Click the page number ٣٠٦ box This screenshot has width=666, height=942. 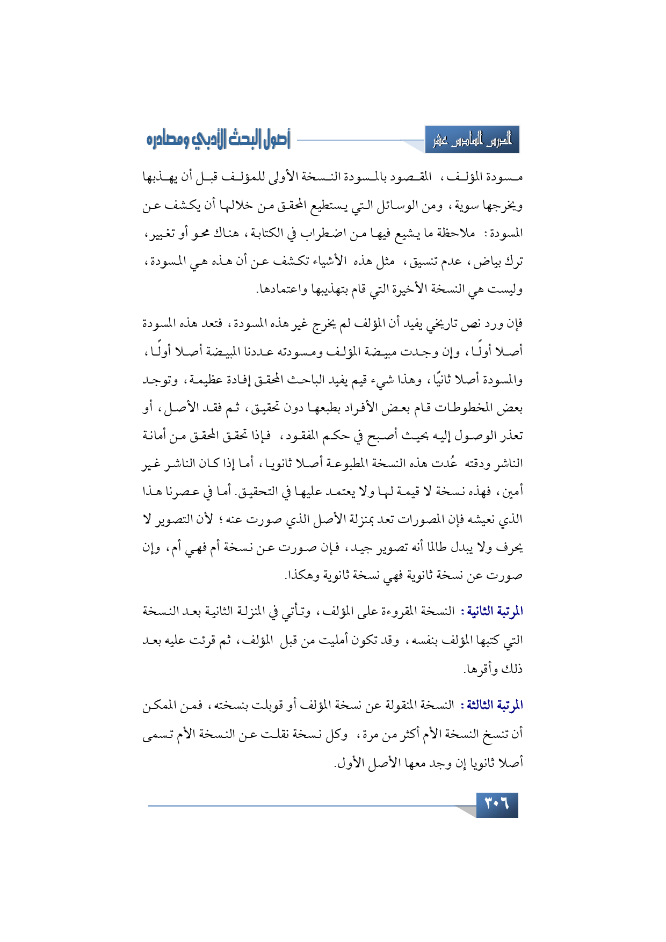(497, 805)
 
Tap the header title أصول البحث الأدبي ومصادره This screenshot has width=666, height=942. (218, 140)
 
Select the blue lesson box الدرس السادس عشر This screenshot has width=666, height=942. (472, 141)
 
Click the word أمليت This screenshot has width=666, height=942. (335, 640)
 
